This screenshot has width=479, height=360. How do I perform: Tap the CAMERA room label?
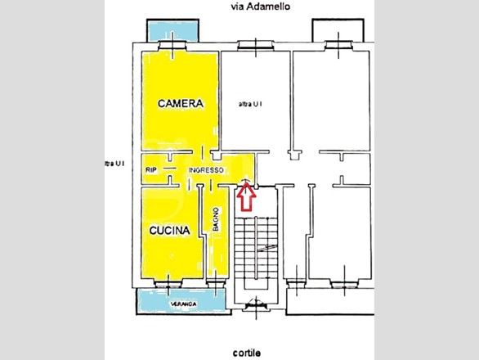(179, 104)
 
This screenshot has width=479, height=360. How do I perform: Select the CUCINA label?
(169, 231)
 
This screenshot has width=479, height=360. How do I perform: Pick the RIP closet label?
(150, 169)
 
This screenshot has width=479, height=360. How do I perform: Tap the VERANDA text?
(183, 304)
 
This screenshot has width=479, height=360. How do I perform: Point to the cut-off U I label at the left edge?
(114, 164)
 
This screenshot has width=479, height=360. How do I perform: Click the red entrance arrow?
(244, 196)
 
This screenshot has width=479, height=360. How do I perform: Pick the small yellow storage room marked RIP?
(152, 169)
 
